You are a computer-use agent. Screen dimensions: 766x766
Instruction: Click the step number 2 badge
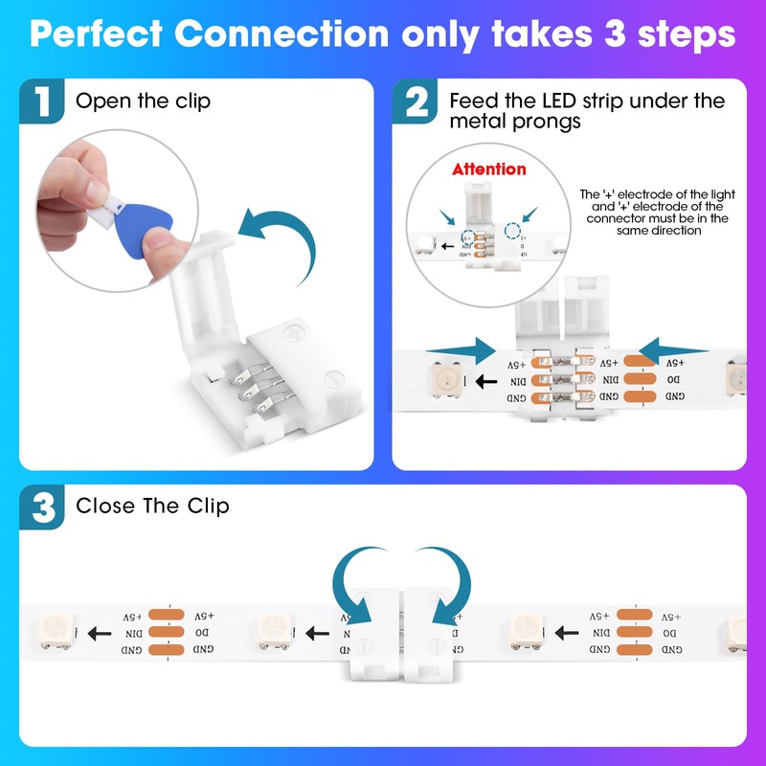416,102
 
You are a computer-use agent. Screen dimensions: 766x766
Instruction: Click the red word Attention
489,169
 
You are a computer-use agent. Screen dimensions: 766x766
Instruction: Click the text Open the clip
143,101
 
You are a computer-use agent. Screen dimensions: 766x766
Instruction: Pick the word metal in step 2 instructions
474,122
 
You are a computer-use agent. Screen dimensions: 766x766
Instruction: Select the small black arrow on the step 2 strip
487,381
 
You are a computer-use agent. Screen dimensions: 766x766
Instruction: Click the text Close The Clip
152,506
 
